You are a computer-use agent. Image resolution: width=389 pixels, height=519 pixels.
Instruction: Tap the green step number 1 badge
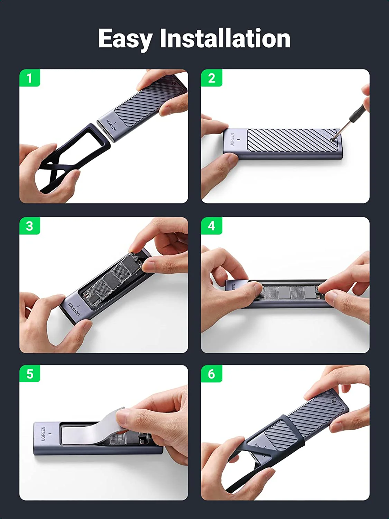coord(29,78)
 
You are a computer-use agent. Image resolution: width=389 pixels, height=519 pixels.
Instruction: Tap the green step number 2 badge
coord(212,78)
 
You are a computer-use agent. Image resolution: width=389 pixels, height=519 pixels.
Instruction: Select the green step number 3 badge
coord(29,226)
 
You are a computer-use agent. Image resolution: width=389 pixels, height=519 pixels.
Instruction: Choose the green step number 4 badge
coord(212,226)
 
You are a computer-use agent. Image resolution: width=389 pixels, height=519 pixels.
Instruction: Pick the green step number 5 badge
coord(29,374)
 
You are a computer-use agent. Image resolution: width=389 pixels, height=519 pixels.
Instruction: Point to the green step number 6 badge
coord(212,374)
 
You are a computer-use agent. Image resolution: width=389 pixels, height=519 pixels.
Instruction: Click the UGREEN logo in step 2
coord(232,139)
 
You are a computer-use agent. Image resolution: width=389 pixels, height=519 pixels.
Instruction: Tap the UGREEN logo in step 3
coord(74,309)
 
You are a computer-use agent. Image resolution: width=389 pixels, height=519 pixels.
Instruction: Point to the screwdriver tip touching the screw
coord(333,139)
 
